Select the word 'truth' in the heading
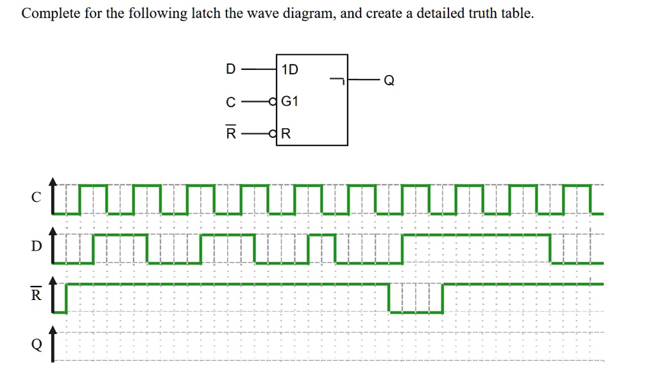[476, 13]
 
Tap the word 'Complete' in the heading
[47, 13]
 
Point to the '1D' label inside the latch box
[290, 69]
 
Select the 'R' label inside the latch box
[286, 134]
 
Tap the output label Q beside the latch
[388, 81]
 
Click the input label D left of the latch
[230, 69]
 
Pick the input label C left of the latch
[230, 102]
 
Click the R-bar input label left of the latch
[230, 133]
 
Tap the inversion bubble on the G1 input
[273, 101]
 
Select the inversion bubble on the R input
[273, 134]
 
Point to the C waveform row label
[37, 198]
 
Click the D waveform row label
[37, 247]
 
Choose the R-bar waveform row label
[37, 296]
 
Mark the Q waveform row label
[37, 344]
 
